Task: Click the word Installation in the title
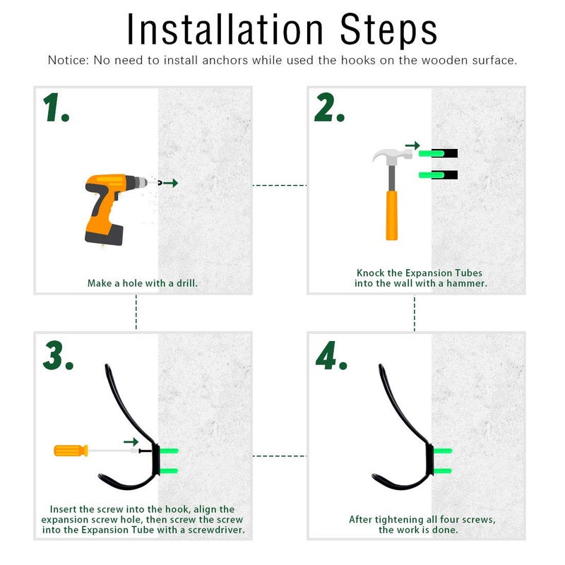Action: pyautogui.click(x=225, y=30)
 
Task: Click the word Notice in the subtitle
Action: pyautogui.click(x=67, y=60)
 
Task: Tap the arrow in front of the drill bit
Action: pyautogui.click(x=170, y=183)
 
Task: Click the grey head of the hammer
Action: pyautogui.click(x=393, y=156)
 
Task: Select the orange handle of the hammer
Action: pyautogui.click(x=392, y=215)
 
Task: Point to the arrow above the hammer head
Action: pyautogui.click(x=412, y=145)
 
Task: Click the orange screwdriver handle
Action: pyautogui.click(x=71, y=451)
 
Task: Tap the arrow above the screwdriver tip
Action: pyautogui.click(x=131, y=442)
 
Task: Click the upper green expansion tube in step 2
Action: pyautogui.click(x=432, y=153)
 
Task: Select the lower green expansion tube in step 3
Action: pyautogui.click(x=169, y=471)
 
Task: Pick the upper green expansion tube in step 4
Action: pyautogui.click(x=442, y=451)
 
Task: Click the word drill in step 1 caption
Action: pyautogui.click(x=186, y=283)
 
